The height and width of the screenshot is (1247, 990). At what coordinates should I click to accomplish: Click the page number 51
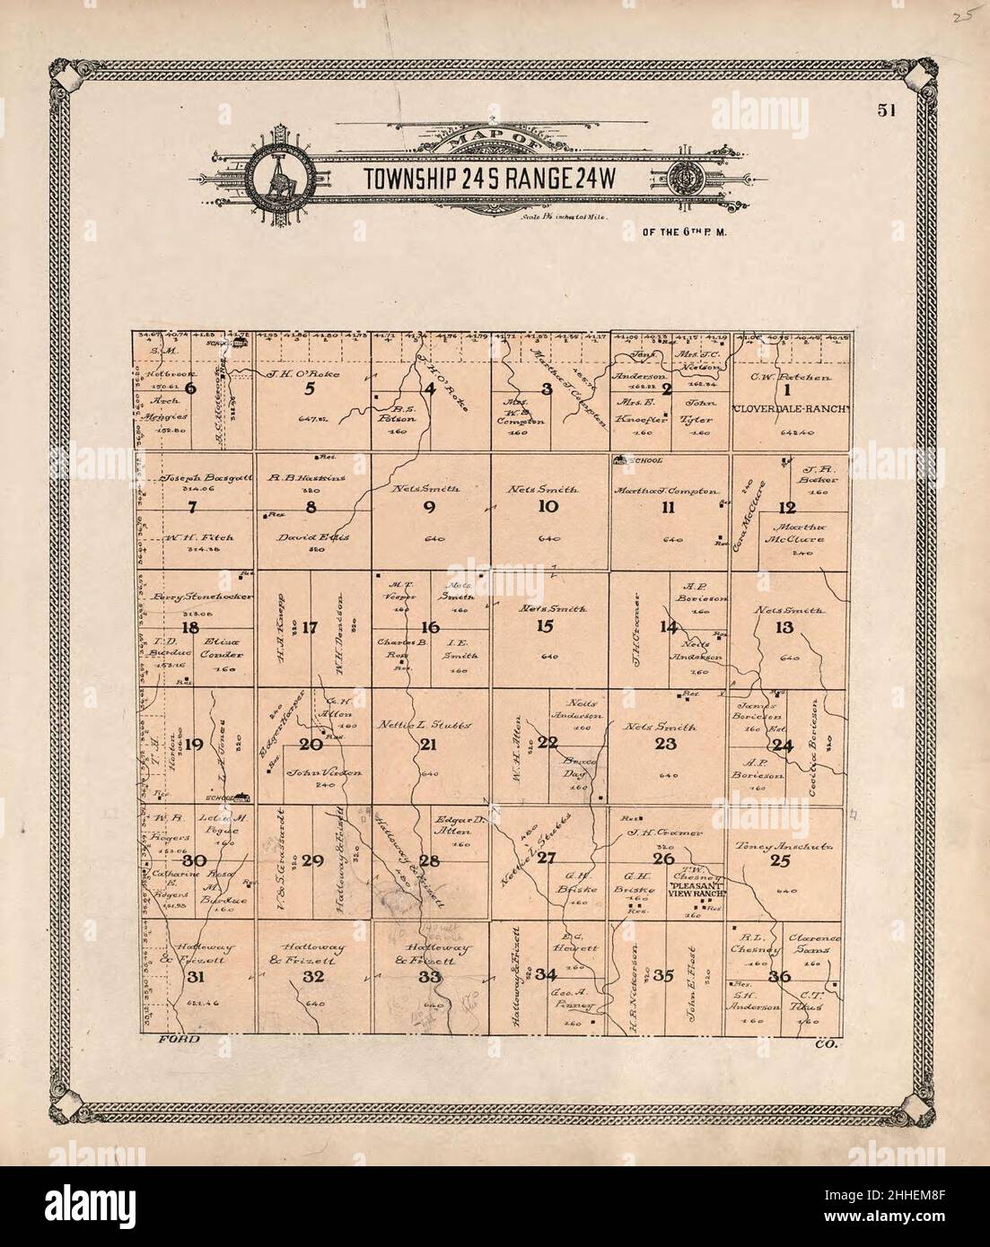point(890,110)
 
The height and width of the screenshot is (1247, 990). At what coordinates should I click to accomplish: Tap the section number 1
point(787,389)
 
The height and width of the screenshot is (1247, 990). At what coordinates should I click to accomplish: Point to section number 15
point(544,627)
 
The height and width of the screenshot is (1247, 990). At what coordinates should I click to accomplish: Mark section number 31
point(196,977)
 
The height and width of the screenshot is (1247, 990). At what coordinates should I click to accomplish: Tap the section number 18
point(189,627)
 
